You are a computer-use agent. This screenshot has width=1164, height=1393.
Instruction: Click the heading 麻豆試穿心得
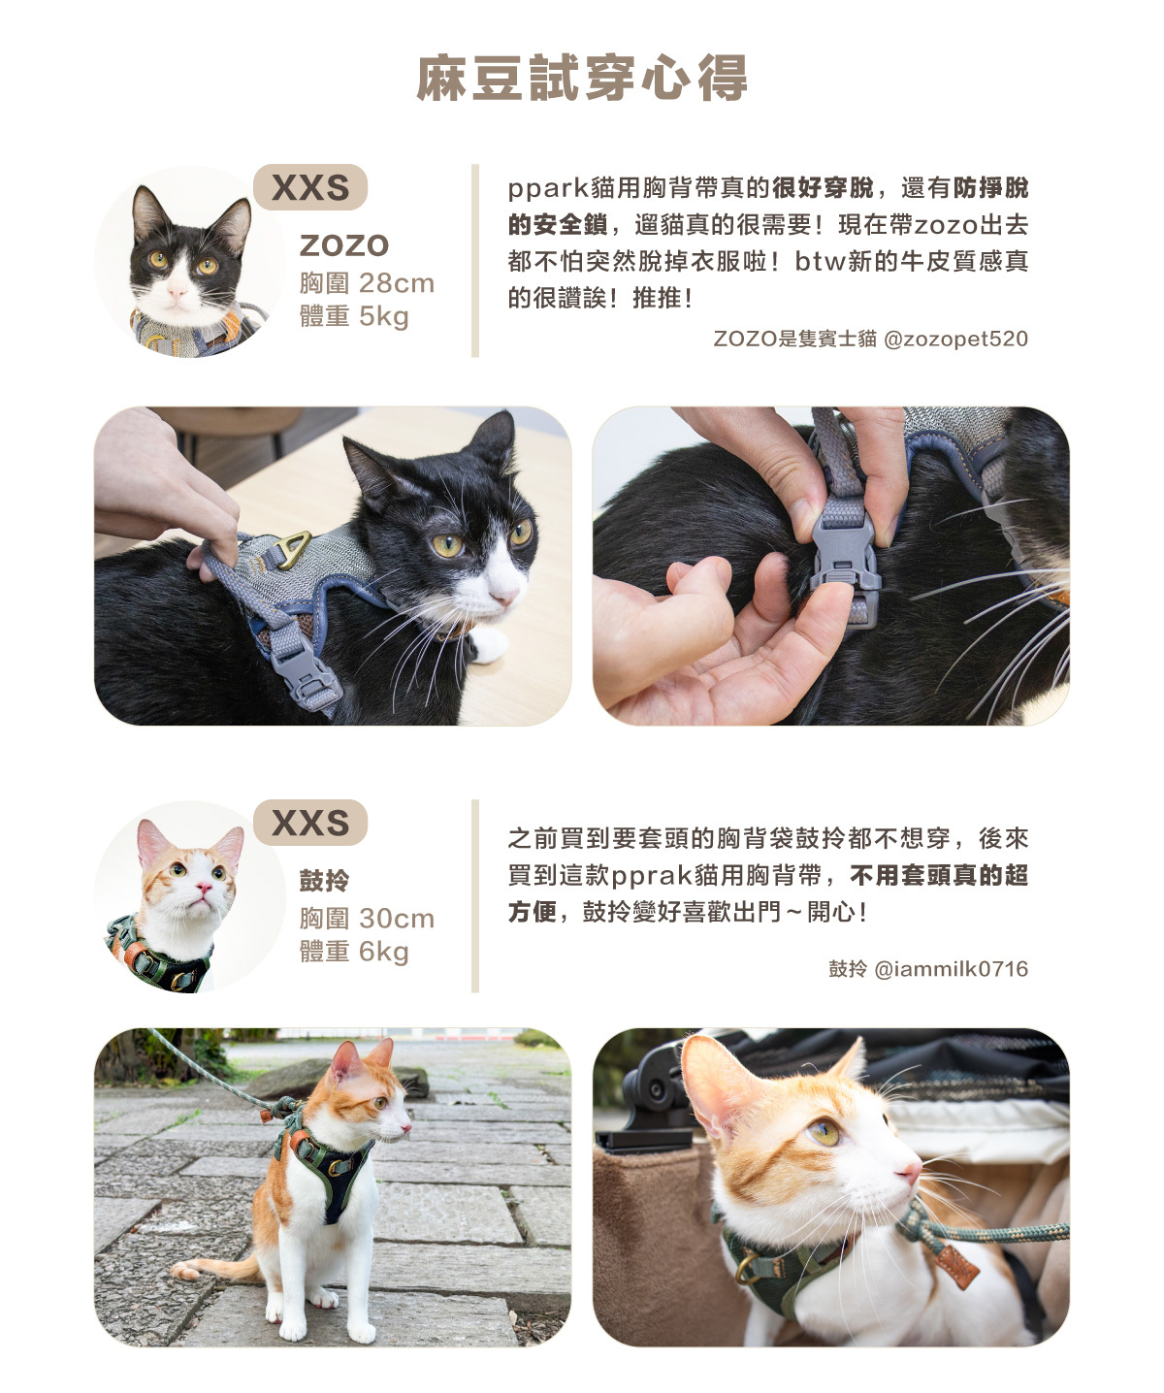[582, 79]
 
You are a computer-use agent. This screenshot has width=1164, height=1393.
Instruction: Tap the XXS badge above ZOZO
[310, 187]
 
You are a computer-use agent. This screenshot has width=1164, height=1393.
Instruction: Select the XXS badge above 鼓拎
[310, 823]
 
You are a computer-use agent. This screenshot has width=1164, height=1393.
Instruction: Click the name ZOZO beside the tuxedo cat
[344, 245]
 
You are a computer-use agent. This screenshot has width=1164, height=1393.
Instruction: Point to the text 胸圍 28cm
[367, 283]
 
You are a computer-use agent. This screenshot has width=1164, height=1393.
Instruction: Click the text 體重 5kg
[354, 316]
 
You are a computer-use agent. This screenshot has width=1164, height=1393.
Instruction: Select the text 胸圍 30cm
[367, 919]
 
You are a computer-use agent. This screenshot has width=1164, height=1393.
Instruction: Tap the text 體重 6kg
[354, 952]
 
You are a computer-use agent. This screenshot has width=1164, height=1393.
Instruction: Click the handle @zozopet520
[955, 339]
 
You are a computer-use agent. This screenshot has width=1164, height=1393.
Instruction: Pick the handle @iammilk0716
[952, 969]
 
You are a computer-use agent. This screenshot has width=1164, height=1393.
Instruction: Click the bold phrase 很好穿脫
[823, 188]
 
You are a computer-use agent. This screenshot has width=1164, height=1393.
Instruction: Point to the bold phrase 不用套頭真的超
[939, 875]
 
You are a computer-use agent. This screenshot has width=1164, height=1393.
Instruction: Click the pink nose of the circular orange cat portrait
[203, 888]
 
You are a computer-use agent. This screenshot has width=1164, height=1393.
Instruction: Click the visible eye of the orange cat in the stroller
[824, 1133]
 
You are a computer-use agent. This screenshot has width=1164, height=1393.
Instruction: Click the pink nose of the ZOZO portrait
[178, 292]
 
